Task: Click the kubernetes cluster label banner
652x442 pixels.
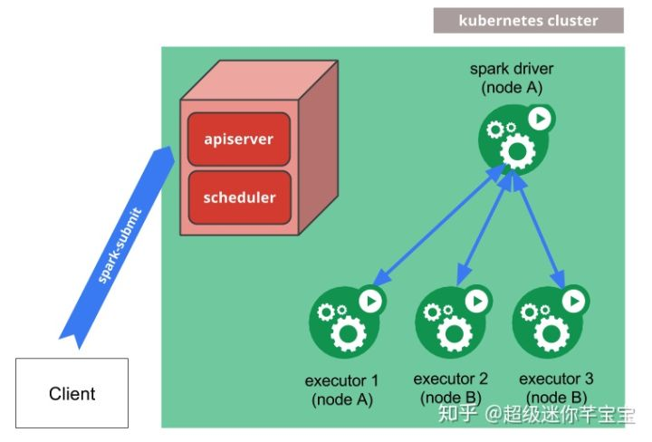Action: (x=528, y=20)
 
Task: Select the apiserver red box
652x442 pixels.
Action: (x=239, y=139)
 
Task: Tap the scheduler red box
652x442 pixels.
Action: (x=239, y=197)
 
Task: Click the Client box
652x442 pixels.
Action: (x=72, y=393)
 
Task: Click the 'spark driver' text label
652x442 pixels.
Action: (x=512, y=69)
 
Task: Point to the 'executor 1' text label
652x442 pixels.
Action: (x=342, y=380)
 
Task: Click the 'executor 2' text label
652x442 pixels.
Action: (x=451, y=379)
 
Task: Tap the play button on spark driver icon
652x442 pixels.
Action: (x=540, y=119)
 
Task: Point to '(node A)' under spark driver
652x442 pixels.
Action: (x=512, y=87)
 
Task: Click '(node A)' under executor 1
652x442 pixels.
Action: (x=342, y=399)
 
